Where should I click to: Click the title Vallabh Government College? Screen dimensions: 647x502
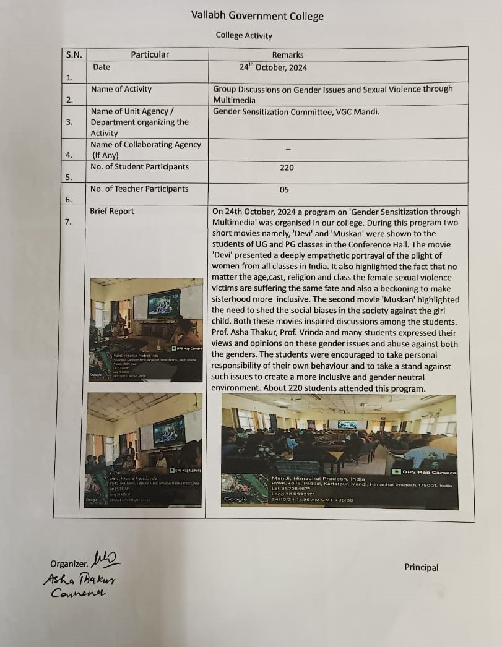(x=257, y=16)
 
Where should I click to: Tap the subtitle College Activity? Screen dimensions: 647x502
(x=244, y=35)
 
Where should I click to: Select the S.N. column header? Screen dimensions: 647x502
(x=74, y=54)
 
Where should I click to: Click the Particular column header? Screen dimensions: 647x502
(x=150, y=54)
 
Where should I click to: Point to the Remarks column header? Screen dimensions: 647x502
(x=288, y=55)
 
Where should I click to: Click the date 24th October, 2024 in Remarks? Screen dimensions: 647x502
(x=273, y=67)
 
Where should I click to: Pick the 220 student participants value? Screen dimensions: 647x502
(x=287, y=168)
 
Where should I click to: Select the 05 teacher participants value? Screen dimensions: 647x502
(x=284, y=190)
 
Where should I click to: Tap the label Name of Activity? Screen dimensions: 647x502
(x=121, y=89)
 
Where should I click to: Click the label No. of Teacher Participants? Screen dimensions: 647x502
(x=139, y=189)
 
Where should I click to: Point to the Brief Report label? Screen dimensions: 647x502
(x=112, y=211)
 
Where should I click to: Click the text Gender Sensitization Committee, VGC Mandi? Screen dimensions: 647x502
(x=296, y=111)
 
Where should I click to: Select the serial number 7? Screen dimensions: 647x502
(x=69, y=221)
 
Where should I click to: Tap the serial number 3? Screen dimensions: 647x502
(x=69, y=122)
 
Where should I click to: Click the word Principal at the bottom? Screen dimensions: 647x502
(x=421, y=567)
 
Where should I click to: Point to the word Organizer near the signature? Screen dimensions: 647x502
(x=70, y=563)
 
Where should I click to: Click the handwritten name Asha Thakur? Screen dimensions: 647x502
(x=79, y=580)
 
